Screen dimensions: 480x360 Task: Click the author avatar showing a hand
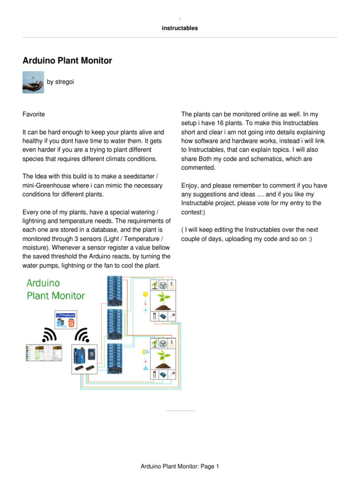coord(33,82)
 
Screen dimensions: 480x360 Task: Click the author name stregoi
coord(60,82)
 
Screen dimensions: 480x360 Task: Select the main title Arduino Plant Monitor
coord(67,60)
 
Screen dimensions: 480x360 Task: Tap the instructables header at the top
coord(180,28)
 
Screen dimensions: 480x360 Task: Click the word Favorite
coord(34,114)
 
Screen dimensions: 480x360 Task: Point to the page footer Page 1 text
coord(180,466)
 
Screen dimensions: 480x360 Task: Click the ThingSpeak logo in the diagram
coord(66,315)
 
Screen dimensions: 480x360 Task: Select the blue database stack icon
coord(60,323)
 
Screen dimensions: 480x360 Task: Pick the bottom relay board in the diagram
coord(114,359)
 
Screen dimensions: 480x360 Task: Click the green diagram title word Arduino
coord(43,283)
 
